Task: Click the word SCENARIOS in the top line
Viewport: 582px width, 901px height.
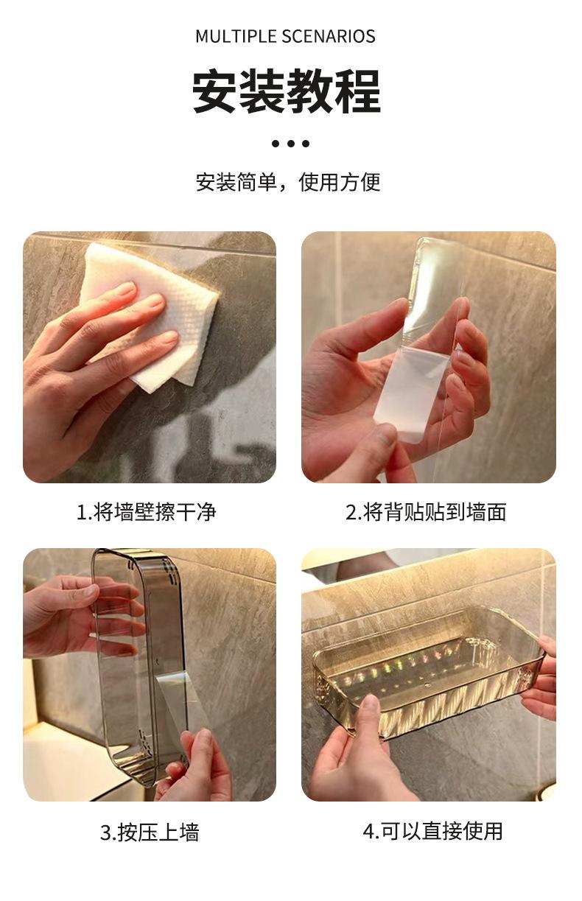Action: [x=329, y=36]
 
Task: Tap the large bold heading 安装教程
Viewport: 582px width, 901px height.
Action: [x=286, y=91]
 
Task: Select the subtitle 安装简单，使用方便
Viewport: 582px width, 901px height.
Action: [x=288, y=182]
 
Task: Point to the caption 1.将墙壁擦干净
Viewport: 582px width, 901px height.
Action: [x=147, y=512]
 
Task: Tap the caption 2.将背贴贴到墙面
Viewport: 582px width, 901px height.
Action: [x=426, y=512]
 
